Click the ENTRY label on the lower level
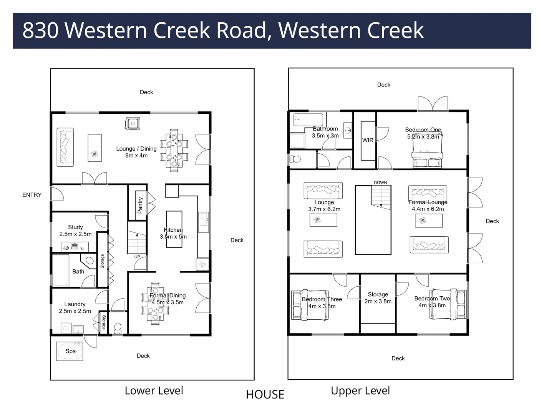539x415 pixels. (x=32, y=195)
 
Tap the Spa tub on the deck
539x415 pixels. (x=70, y=351)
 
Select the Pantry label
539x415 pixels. (x=140, y=205)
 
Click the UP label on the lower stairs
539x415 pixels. (x=137, y=257)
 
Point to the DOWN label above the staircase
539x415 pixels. (x=380, y=183)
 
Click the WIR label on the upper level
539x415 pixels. (x=368, y=140)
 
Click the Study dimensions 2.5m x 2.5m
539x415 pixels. (x=75, y=234)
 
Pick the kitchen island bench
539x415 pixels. (x=174, y=229)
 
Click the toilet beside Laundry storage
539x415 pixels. (x=118, y=327)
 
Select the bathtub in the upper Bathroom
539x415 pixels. (x=308, y=120)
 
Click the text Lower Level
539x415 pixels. (x=154, y=391)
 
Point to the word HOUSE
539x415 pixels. (x=265, y=395)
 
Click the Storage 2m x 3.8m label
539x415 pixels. (x=378, y=298)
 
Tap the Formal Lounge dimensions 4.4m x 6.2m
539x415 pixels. (x=428, y=209)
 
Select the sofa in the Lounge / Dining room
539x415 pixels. (x=65, y=148)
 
